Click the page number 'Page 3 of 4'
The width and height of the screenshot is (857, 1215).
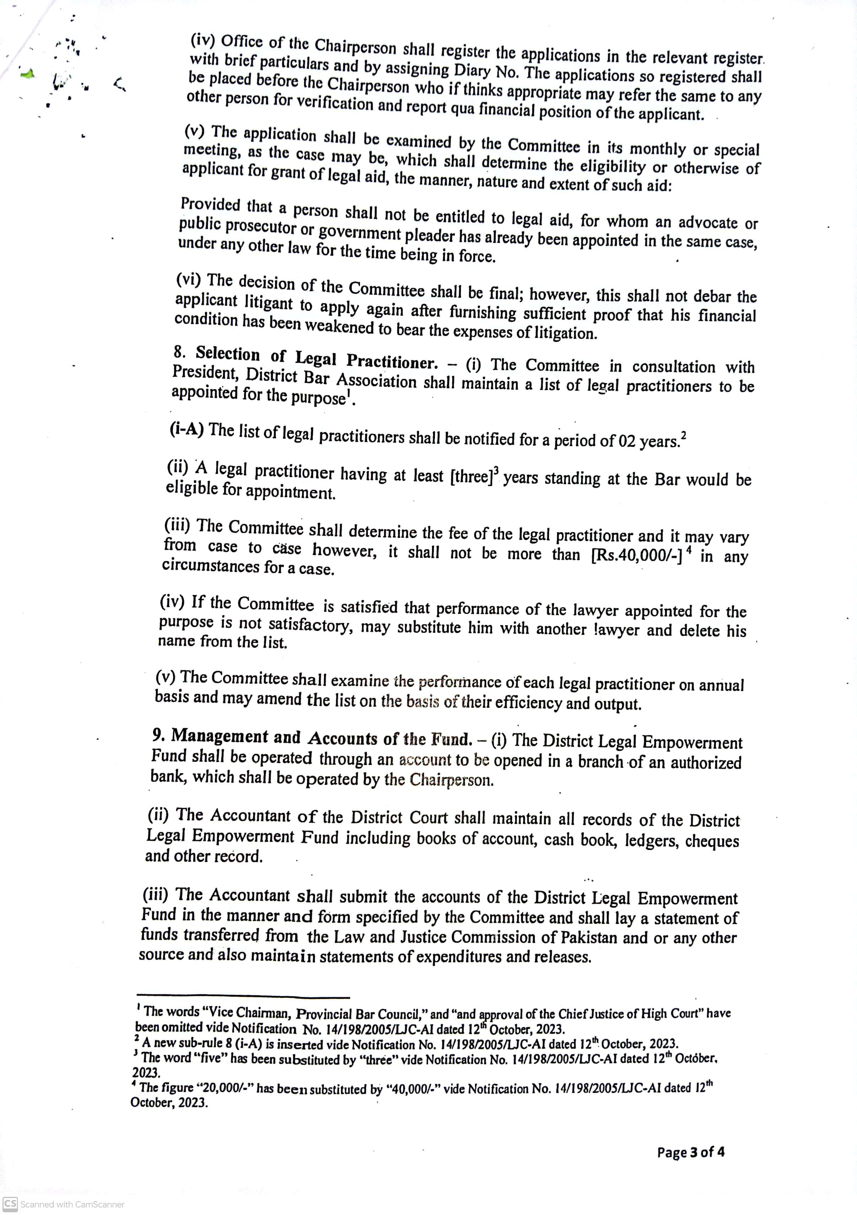(690, 1152)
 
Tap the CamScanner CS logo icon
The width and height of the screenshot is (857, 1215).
(10, 1204)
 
